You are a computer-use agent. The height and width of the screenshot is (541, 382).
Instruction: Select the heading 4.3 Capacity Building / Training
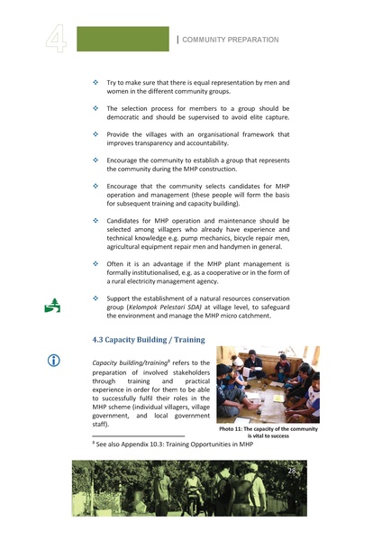tap(149, 340)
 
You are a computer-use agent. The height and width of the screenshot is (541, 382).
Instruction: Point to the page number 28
tap(292, 471)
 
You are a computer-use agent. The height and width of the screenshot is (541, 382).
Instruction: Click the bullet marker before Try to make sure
tap(96, 82)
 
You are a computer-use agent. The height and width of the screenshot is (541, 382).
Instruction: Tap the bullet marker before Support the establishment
tap(96, 298)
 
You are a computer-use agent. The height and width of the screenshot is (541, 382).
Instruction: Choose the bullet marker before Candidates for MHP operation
tap(96, 219)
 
